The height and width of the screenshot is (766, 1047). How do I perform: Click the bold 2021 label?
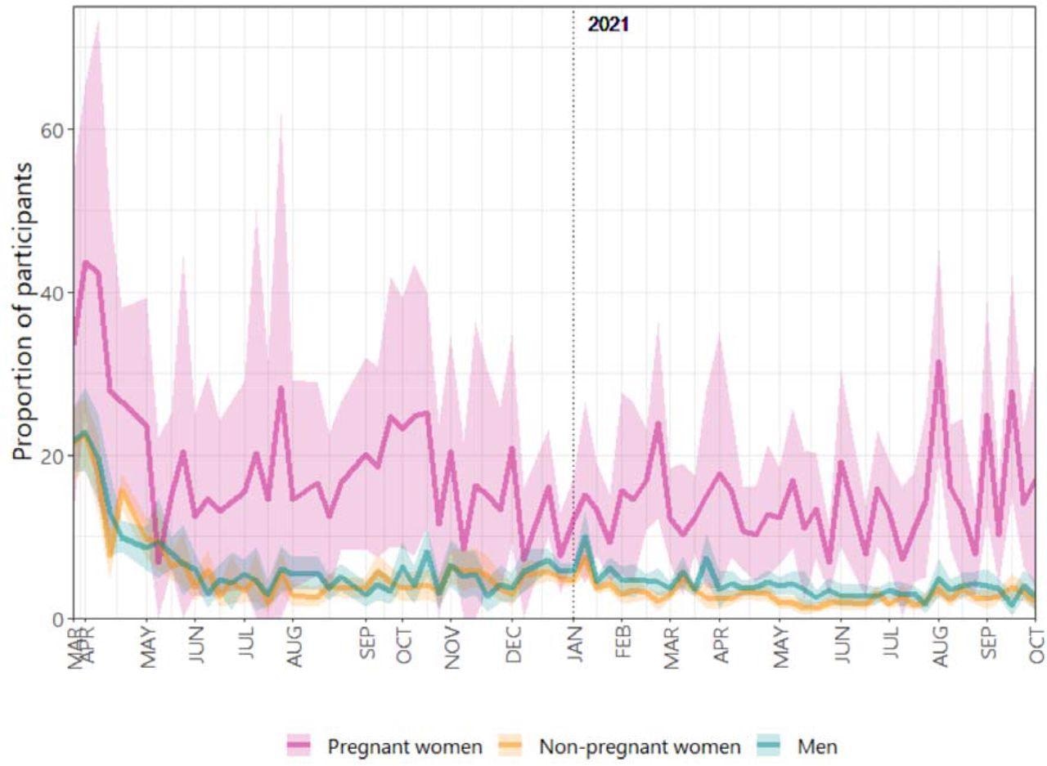click(609, 25)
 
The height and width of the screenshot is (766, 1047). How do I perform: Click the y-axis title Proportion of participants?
click(25, 311)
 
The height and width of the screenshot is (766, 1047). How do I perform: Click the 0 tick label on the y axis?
click(58, 619)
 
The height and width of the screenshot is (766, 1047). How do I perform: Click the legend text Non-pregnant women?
click(640, 746)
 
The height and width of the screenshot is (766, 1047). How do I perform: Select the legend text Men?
click(820, 746)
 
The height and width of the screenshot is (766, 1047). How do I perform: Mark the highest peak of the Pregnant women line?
click(85, 262)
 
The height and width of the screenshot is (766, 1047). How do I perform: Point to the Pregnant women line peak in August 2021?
click(939, 361)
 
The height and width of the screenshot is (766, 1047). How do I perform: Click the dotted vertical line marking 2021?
click(573, 327)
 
